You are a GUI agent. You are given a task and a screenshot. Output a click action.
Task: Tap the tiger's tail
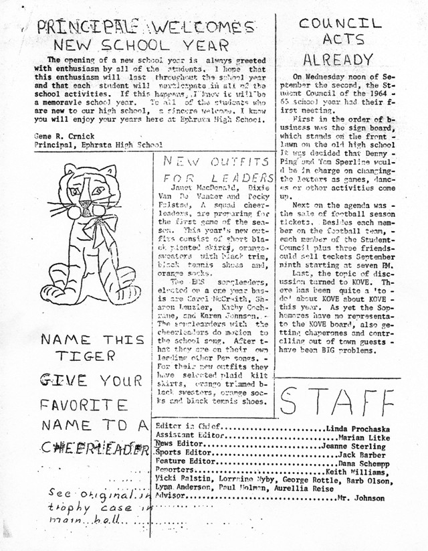53,282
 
